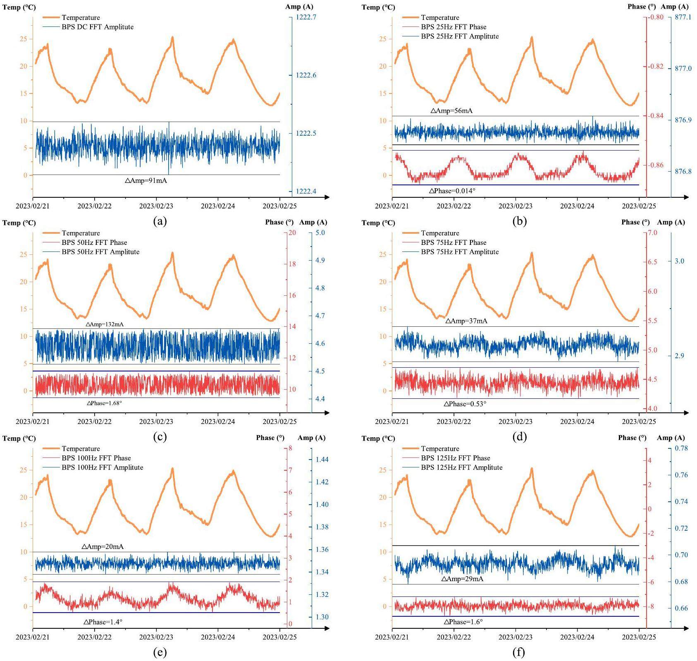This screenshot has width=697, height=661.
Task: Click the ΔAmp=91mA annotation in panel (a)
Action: pyautogui.click(x=146, y=180)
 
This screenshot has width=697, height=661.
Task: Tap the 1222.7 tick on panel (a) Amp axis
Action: pyautogui.click(x=306, y=17)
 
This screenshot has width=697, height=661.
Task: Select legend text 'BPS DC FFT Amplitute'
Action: pyautogui.click(x=98, y=27)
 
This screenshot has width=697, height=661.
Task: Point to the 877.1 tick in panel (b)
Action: pyautogui.click(x=683, y=17)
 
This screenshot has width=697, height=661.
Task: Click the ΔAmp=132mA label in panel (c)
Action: pyautogui.click(x=105, y=324)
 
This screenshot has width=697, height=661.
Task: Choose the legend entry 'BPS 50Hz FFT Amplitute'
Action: pyautogui.click(x=100, y=252)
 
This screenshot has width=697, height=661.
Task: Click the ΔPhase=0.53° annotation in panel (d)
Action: pyautogui.click(x=465, y=404)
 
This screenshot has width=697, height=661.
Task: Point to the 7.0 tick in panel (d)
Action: pyautogui.click(x=652, y=233)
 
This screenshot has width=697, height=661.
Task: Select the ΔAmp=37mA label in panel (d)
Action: pyautogui.click(x=466, y=321)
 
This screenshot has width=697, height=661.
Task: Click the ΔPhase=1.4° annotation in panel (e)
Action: pyautogui.click(x=103, y=622)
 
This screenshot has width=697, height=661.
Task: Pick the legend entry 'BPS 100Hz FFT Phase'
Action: pyautogui.click(x=96, y=458)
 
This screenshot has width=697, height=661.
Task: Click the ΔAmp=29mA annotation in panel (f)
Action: pyautogui.click(x=462, y=579)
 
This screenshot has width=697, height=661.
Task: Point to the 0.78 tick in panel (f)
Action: pyautogui.click(x=681, y=448)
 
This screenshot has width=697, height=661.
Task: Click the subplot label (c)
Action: pyautogui.click(x=160, y=437)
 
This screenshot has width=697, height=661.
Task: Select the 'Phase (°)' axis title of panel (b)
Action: pyautogui.click(x=641, y=7)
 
